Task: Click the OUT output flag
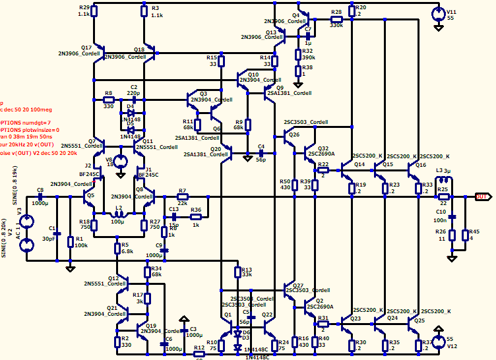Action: click(482, 196)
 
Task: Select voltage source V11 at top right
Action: click(437, 13)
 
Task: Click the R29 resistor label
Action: click(84, 7)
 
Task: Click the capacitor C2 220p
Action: click(133, 96)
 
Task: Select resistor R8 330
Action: click(109, 101)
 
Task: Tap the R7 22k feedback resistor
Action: click(183, 196)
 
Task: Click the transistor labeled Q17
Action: click(98, 53)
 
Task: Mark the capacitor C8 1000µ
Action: click(40, 196)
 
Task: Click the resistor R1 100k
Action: click(71, 242)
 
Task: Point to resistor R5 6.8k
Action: click(117, 249)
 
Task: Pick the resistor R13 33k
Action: click(237, 272)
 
